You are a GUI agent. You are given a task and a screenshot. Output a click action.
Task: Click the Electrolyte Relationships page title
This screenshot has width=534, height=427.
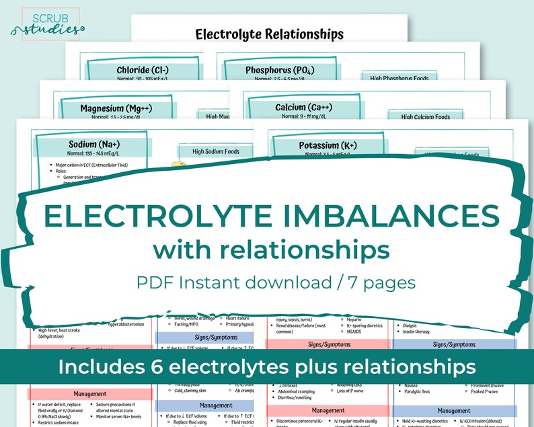click(x=269, y=34)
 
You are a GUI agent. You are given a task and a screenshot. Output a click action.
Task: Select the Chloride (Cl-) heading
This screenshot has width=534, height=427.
click(x=143, y=70)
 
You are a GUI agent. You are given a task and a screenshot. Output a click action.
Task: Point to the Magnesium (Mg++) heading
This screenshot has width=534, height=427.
click(x=112, y=108)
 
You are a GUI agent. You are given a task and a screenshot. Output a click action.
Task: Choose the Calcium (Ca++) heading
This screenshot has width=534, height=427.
click(x=303, y=108)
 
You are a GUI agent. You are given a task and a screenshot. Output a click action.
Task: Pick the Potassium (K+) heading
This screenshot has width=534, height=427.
click(x=328, y=145)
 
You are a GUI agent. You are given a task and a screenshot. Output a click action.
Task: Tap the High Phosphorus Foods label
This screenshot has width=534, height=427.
click(x=399, y=79)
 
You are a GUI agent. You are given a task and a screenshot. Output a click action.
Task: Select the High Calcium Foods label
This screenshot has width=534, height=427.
click(x=426, y=117)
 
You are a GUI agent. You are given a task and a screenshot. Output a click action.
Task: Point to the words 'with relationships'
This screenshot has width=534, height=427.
click(x=270, y=249)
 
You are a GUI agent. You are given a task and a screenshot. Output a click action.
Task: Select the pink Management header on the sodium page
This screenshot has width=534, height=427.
click(x=90, y=394)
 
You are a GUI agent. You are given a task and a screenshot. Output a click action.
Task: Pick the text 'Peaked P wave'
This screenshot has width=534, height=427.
click(x=485, y=391)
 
